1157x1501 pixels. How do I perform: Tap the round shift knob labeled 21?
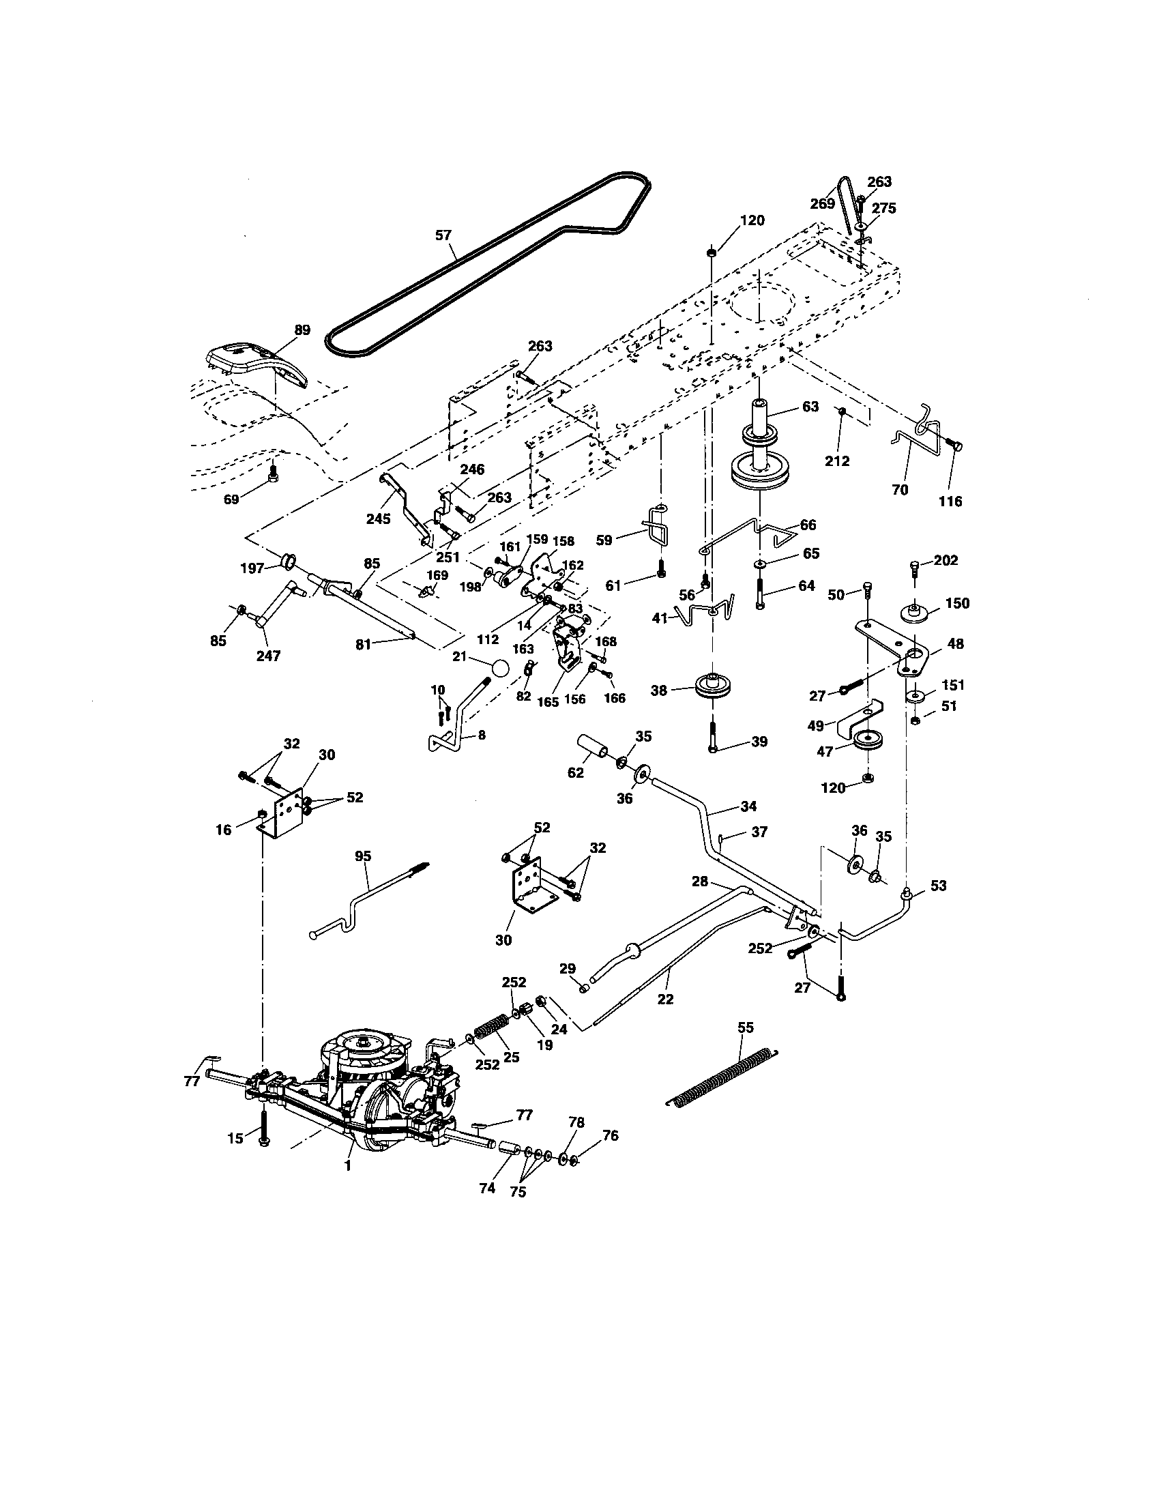click(x=500, y=669)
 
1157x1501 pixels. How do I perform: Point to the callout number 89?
click(x=302, y=330)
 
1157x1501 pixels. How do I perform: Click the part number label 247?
click(x=268, y=656)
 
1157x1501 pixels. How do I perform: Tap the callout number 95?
click(x=363, y=856)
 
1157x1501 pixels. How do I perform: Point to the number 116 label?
click(x=950, y=501)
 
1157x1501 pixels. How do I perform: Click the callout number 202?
click(x=946, y=560)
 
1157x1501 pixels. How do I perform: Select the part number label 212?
click(x=838, y=461)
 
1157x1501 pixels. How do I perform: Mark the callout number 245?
click(x=378, y=519)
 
